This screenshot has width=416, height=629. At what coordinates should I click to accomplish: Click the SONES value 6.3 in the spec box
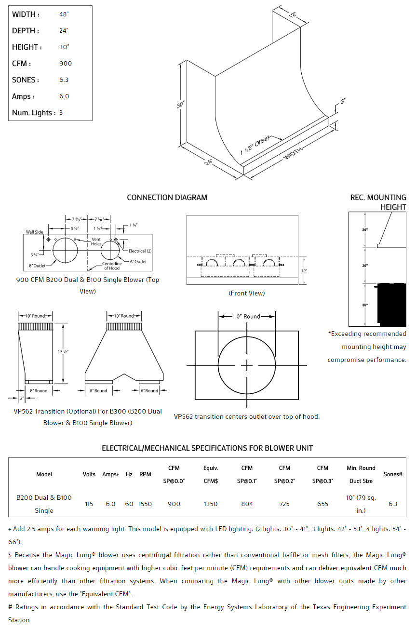pos(64,80)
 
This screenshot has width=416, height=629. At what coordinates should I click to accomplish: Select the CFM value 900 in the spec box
pos(66,64)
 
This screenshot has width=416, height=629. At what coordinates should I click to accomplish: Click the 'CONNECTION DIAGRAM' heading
pos(167,198)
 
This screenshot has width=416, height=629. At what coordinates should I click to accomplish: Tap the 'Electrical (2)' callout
pos(140,251)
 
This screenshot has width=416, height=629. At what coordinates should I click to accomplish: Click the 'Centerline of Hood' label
pos(112,266)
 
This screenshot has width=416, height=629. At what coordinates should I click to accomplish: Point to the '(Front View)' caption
pos(246,293)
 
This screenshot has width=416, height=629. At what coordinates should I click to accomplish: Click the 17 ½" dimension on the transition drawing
pos(62,352)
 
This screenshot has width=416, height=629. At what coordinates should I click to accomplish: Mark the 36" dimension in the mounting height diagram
pos(365,305)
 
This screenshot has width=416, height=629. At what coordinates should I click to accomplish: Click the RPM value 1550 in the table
pos(145,504)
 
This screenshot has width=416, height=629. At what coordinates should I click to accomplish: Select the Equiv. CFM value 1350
pos(211,504)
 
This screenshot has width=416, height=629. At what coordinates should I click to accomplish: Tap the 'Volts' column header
pos(89,474)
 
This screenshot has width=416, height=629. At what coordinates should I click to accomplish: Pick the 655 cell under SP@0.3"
pos(322,504)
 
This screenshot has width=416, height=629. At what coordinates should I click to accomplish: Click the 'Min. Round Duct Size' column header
pos(361,474)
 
